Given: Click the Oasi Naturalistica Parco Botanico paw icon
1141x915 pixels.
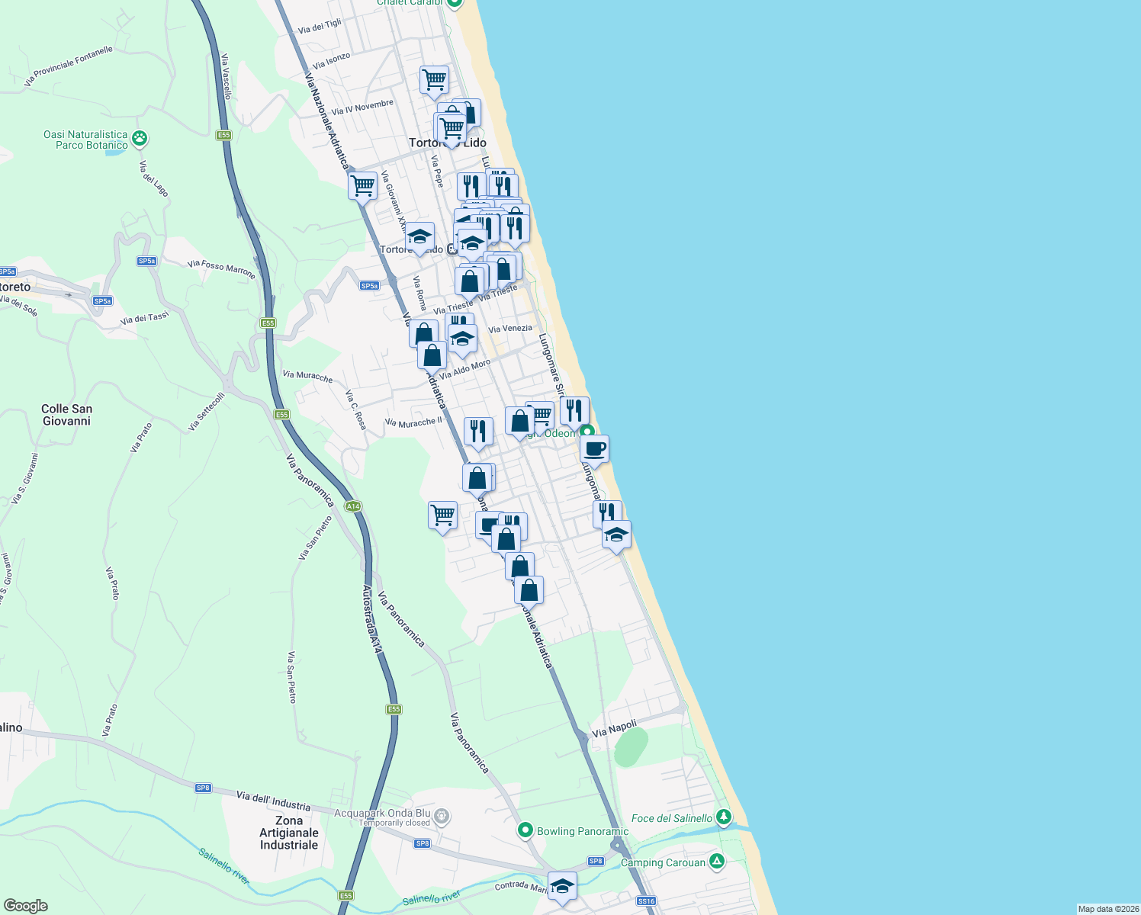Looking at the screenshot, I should (140, 138).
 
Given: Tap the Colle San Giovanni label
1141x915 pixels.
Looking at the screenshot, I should (66, 415).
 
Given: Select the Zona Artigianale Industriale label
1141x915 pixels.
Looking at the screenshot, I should (288, 833).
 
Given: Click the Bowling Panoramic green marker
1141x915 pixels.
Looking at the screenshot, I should (525, 830).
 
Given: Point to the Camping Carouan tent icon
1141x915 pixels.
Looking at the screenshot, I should (716, 862).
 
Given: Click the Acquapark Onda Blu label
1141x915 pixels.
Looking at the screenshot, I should (382, 813).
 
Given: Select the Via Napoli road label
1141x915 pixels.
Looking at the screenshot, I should (614, 728).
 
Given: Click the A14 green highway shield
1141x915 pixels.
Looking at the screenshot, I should (352, 506).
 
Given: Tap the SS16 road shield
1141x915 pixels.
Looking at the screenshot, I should (646, 901).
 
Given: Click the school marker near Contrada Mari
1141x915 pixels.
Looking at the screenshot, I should (562, 885).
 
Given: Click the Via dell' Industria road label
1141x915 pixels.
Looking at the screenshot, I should (273, 801).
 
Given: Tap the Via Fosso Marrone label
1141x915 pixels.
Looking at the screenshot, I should (221, 268).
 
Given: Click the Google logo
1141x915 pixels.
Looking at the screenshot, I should (25, 905).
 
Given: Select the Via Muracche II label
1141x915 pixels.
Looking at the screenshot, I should (413, 422).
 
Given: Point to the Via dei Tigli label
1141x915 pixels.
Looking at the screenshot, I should (320, 27).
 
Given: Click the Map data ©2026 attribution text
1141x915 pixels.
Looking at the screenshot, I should (1108, 909).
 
